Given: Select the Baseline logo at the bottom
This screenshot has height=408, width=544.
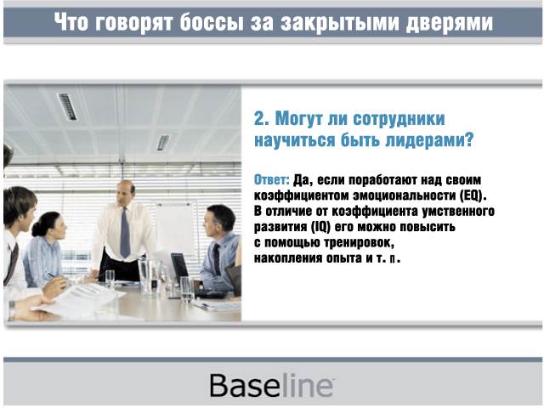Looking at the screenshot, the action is point(272,385).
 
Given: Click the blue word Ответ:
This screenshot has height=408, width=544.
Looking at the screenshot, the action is point(272,179).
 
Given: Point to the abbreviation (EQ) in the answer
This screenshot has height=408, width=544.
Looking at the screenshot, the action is point(473,195).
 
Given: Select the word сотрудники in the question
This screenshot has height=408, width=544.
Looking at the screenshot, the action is point(399,119).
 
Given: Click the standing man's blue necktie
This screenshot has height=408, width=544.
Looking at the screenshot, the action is point(125,232).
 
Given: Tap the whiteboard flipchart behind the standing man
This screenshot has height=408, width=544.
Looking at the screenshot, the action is point(175,228).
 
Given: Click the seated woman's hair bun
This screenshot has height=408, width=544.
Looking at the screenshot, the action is point(37,229).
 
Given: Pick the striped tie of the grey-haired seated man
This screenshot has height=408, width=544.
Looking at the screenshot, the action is point(217,259).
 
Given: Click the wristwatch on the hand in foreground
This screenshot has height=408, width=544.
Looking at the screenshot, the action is point(12,310).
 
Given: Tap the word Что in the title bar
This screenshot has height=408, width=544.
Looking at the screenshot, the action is point(71,22).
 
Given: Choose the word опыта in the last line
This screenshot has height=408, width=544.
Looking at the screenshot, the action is point(344,258).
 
